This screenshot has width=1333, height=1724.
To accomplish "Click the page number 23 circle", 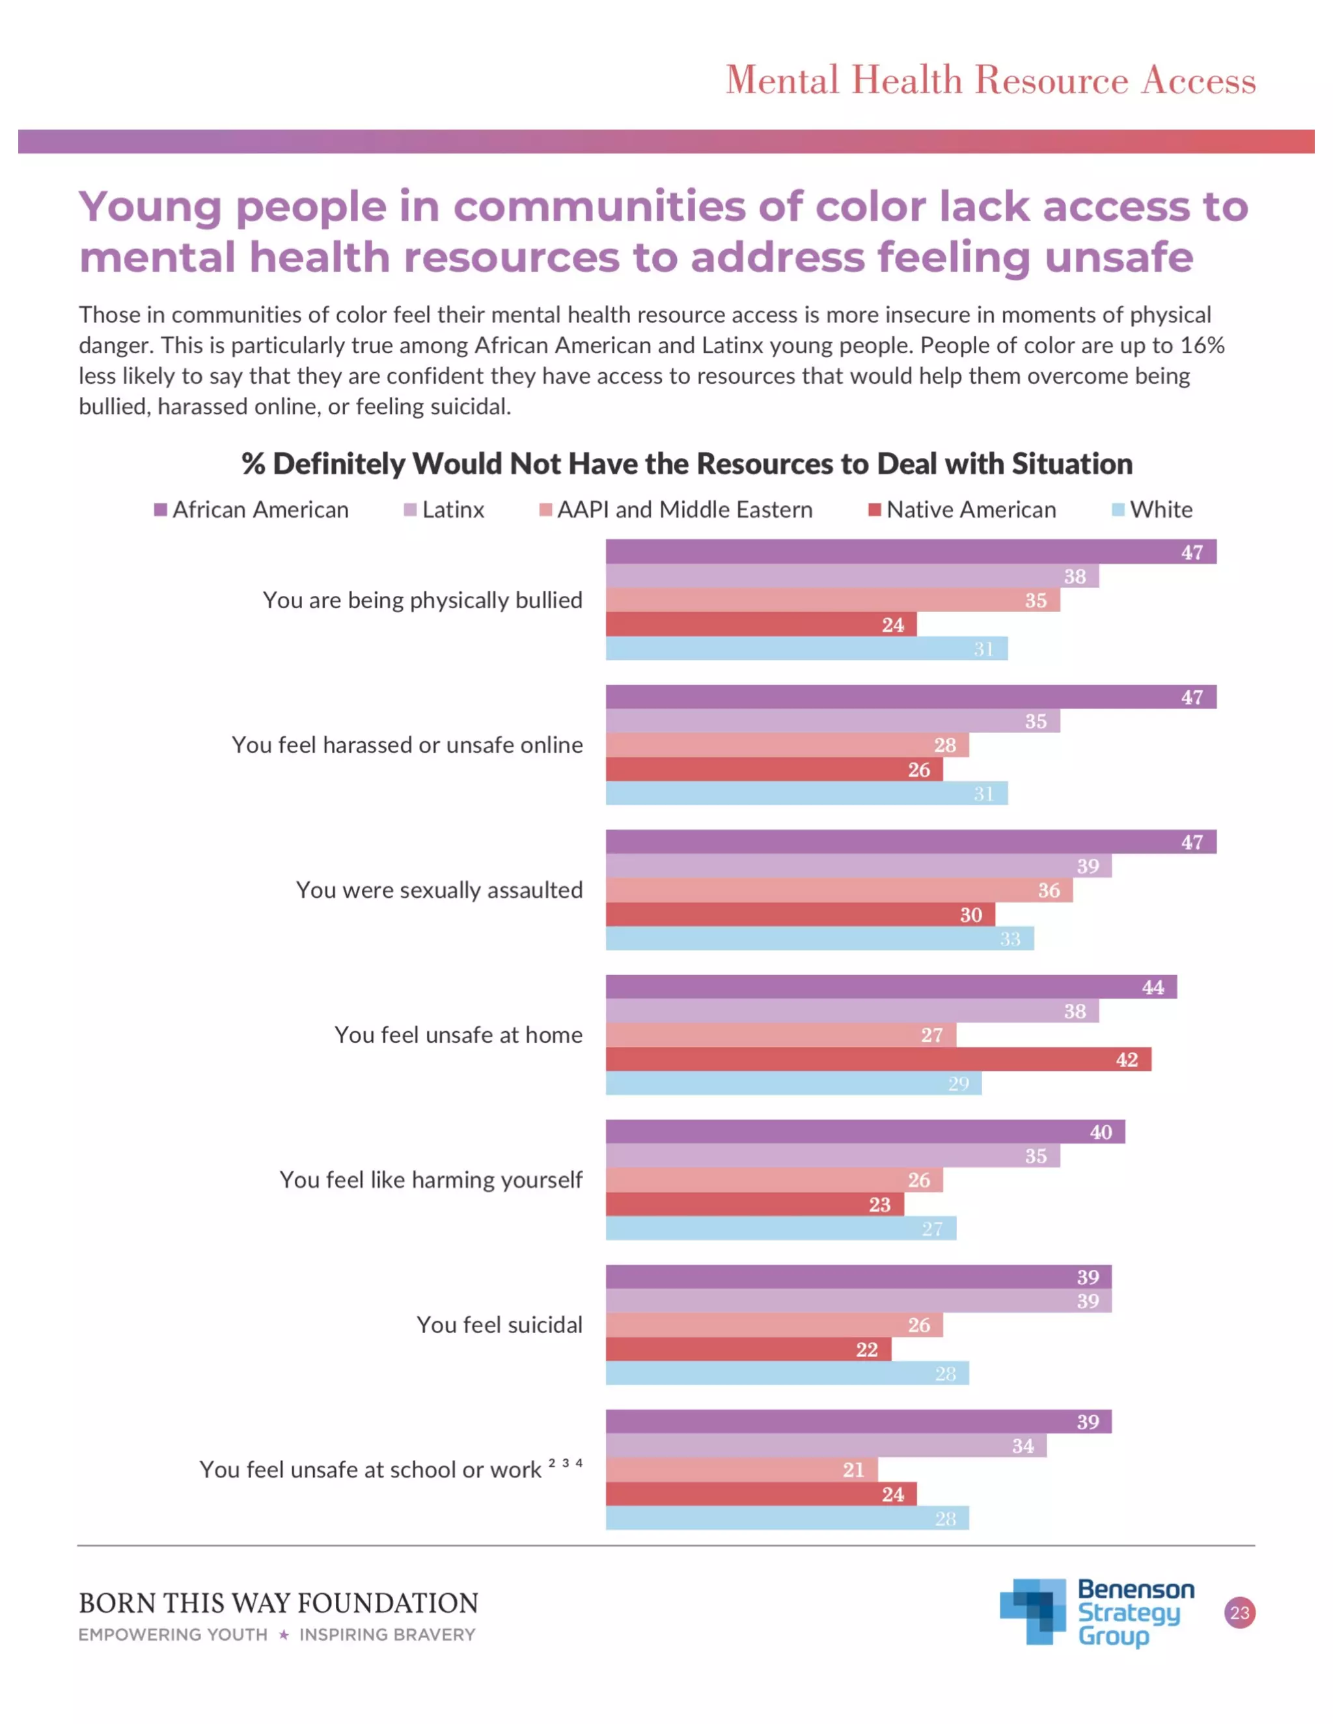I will tap(1239, 1613).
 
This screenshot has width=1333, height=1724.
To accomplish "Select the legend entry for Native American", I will tap(962, 510).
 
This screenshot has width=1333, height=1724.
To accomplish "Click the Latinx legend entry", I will tap(444, 510).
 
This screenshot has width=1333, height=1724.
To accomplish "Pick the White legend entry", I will tap(1152, 510).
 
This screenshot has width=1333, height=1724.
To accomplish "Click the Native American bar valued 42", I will tap(877, 1059).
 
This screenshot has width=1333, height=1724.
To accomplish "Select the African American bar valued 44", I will tap(891, 987).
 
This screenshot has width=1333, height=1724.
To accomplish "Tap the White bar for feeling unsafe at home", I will tap(793, 1083).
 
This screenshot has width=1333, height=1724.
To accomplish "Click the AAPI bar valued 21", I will tap(741, 1470).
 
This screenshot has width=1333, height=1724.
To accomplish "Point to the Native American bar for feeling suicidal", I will tap(748, 1349).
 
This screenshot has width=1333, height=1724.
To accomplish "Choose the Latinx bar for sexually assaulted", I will tap(858, 866).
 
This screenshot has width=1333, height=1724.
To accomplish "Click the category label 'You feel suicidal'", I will tap(499, 1325).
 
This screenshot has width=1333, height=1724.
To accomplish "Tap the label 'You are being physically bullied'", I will tap(422, 600).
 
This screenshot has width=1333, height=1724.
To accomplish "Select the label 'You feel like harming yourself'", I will tap(430, 1179).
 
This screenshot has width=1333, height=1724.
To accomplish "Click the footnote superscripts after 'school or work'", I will tap(566, 1462).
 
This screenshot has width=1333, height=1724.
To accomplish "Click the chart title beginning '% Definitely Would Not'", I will tap(686, 463).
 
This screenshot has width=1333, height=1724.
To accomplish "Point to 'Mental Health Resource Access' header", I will tap(990, 80).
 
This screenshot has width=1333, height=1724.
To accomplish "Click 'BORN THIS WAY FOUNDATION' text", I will tap(278, 1603).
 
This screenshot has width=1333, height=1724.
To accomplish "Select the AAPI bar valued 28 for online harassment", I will tap(786, 745).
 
